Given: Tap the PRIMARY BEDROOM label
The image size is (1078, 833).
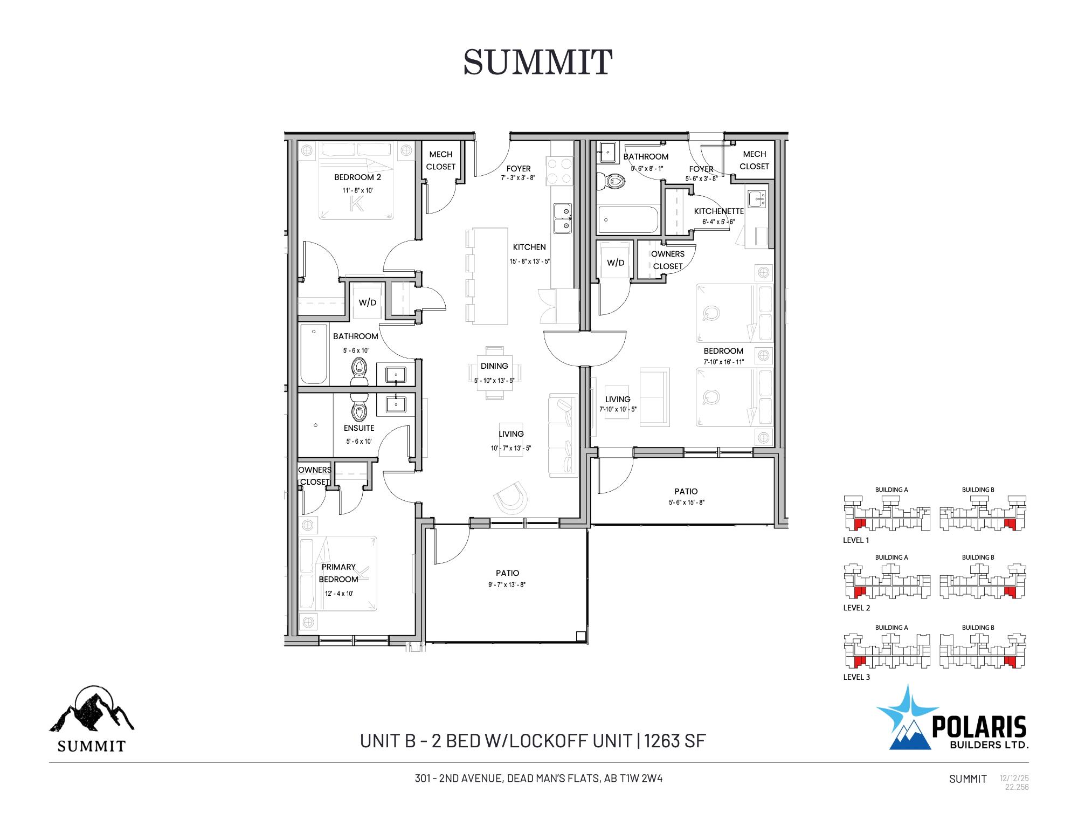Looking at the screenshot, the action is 338,573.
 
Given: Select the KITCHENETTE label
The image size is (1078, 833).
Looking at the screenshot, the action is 718,211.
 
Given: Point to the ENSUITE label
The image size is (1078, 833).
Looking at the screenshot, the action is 359,428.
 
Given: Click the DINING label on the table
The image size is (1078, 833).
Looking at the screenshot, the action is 494,366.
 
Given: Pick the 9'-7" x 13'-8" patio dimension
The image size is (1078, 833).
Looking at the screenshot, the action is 507,584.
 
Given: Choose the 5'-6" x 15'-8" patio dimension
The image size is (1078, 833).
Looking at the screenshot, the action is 686,502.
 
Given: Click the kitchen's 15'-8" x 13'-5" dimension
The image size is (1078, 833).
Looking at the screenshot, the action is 529,261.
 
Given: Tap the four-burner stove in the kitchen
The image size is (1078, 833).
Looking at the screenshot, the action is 559,171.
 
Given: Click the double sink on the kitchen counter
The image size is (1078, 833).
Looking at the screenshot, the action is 563,218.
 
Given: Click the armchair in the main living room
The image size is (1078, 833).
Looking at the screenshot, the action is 510,498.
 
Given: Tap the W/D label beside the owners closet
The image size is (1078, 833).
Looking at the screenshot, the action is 616,263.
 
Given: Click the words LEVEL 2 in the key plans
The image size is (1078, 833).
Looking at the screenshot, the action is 856,608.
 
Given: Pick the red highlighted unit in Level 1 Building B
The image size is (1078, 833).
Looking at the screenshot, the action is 1010,524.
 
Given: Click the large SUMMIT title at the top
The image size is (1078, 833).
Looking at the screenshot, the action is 537,62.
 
